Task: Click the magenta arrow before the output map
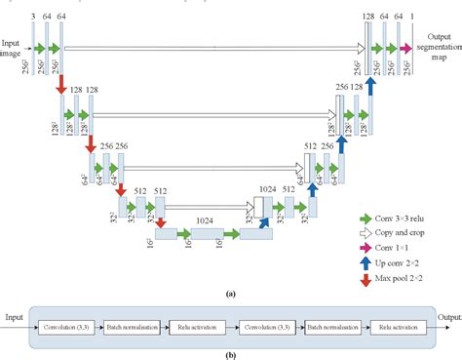tap(404, 46)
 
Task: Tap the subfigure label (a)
tap(230, 293)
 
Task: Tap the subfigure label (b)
tap(230, 353)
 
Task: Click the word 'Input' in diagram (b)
tap(15, 318)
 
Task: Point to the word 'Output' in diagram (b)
tap(447, 318)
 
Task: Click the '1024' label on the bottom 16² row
tap(205, 221)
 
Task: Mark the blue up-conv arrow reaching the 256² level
tap(371, 86)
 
